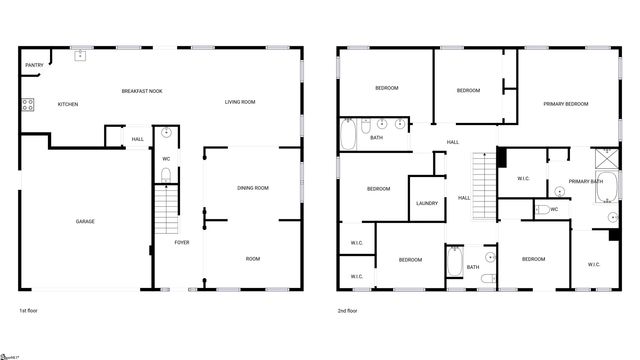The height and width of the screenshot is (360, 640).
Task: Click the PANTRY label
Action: [33, 67]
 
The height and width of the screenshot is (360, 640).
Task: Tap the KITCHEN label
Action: [68, 104]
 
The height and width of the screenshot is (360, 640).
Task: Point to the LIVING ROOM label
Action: [240, 102]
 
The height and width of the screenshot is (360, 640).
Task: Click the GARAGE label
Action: [85, 221]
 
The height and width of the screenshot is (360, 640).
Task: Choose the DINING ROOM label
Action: [253, 188]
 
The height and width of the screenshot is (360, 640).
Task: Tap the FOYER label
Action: [182, 243]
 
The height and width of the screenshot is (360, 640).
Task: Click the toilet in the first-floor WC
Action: [166, 176]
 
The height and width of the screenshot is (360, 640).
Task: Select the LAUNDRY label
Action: [427, 203]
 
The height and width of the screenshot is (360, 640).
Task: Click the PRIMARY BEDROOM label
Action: [565, 104]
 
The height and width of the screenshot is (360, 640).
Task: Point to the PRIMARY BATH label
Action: [586, 181]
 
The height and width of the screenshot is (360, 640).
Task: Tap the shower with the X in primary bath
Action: [607, 157]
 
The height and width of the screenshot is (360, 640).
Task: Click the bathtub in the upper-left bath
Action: [347, 135]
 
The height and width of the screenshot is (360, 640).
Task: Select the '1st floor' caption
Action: [29, 311]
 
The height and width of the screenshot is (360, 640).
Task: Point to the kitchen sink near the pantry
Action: [79, 56]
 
